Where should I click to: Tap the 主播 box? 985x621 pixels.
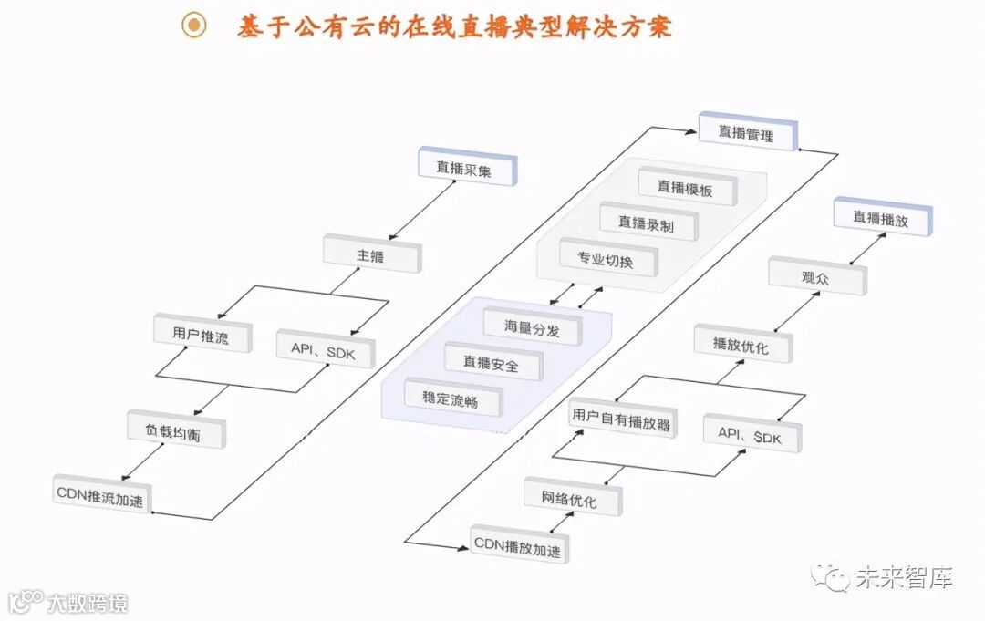[x=372, y=255]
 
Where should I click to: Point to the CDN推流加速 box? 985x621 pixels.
[x=100, y=497]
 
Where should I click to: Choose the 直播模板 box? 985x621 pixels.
[x=687, y=187]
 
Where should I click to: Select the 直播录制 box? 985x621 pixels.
[x=648, y=223]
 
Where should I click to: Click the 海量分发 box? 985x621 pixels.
[x=532, y=327]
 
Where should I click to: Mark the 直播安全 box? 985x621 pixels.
[x=493, y=363]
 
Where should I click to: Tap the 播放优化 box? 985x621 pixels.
[x=742, y=346]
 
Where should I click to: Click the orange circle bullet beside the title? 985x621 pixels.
[x=193, y=26]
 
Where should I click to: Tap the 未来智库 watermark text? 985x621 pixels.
[x=904, y=577]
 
